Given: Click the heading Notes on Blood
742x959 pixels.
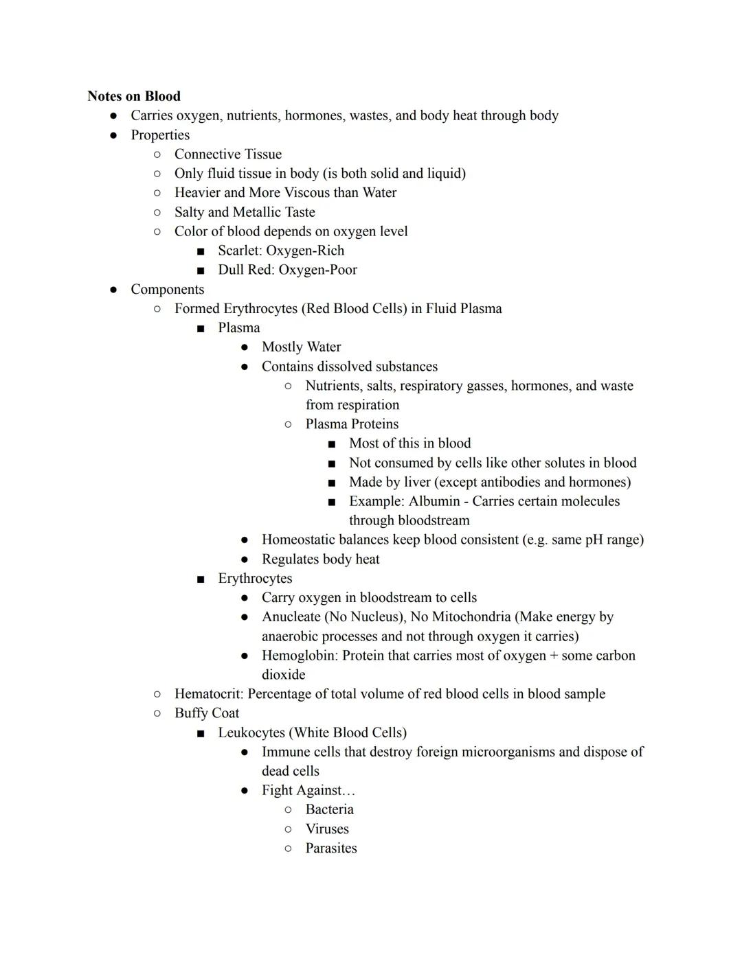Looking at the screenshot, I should pyautogui.click(x=134, y=96).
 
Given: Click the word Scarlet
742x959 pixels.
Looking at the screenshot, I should pyautogui.click(x=238, y=251).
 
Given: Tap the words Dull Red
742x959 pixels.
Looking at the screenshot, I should pyautogui.click(x=246, y=270).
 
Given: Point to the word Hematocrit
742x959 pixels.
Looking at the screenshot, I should pyautogui.click(x=207, y=694).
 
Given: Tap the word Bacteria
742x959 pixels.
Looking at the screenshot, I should pyautogui.click(x=329, y=809).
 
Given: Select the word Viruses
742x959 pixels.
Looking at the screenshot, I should pyautogui.click(x=327, y=829).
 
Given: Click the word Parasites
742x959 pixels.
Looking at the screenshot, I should pyautogui.click(x=331, y=848).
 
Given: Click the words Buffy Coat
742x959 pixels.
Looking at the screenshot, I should pyautogui.click(x=207, y=713).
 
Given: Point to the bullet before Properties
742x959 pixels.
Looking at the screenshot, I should pyautogui.click(x=113, y=135).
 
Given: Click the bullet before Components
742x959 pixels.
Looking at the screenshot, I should pyautogui.click(x=113, y=290).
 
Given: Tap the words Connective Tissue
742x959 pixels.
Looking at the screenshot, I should pyautogui.click(x=227, y=154).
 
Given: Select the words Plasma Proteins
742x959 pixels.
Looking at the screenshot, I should pyautogui.click(x=352, y=424).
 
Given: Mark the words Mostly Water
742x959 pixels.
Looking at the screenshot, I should pyautogui.click(x=301, y=347).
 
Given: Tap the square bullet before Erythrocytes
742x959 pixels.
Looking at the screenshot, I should pyautogui.click(x=201, y=579).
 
